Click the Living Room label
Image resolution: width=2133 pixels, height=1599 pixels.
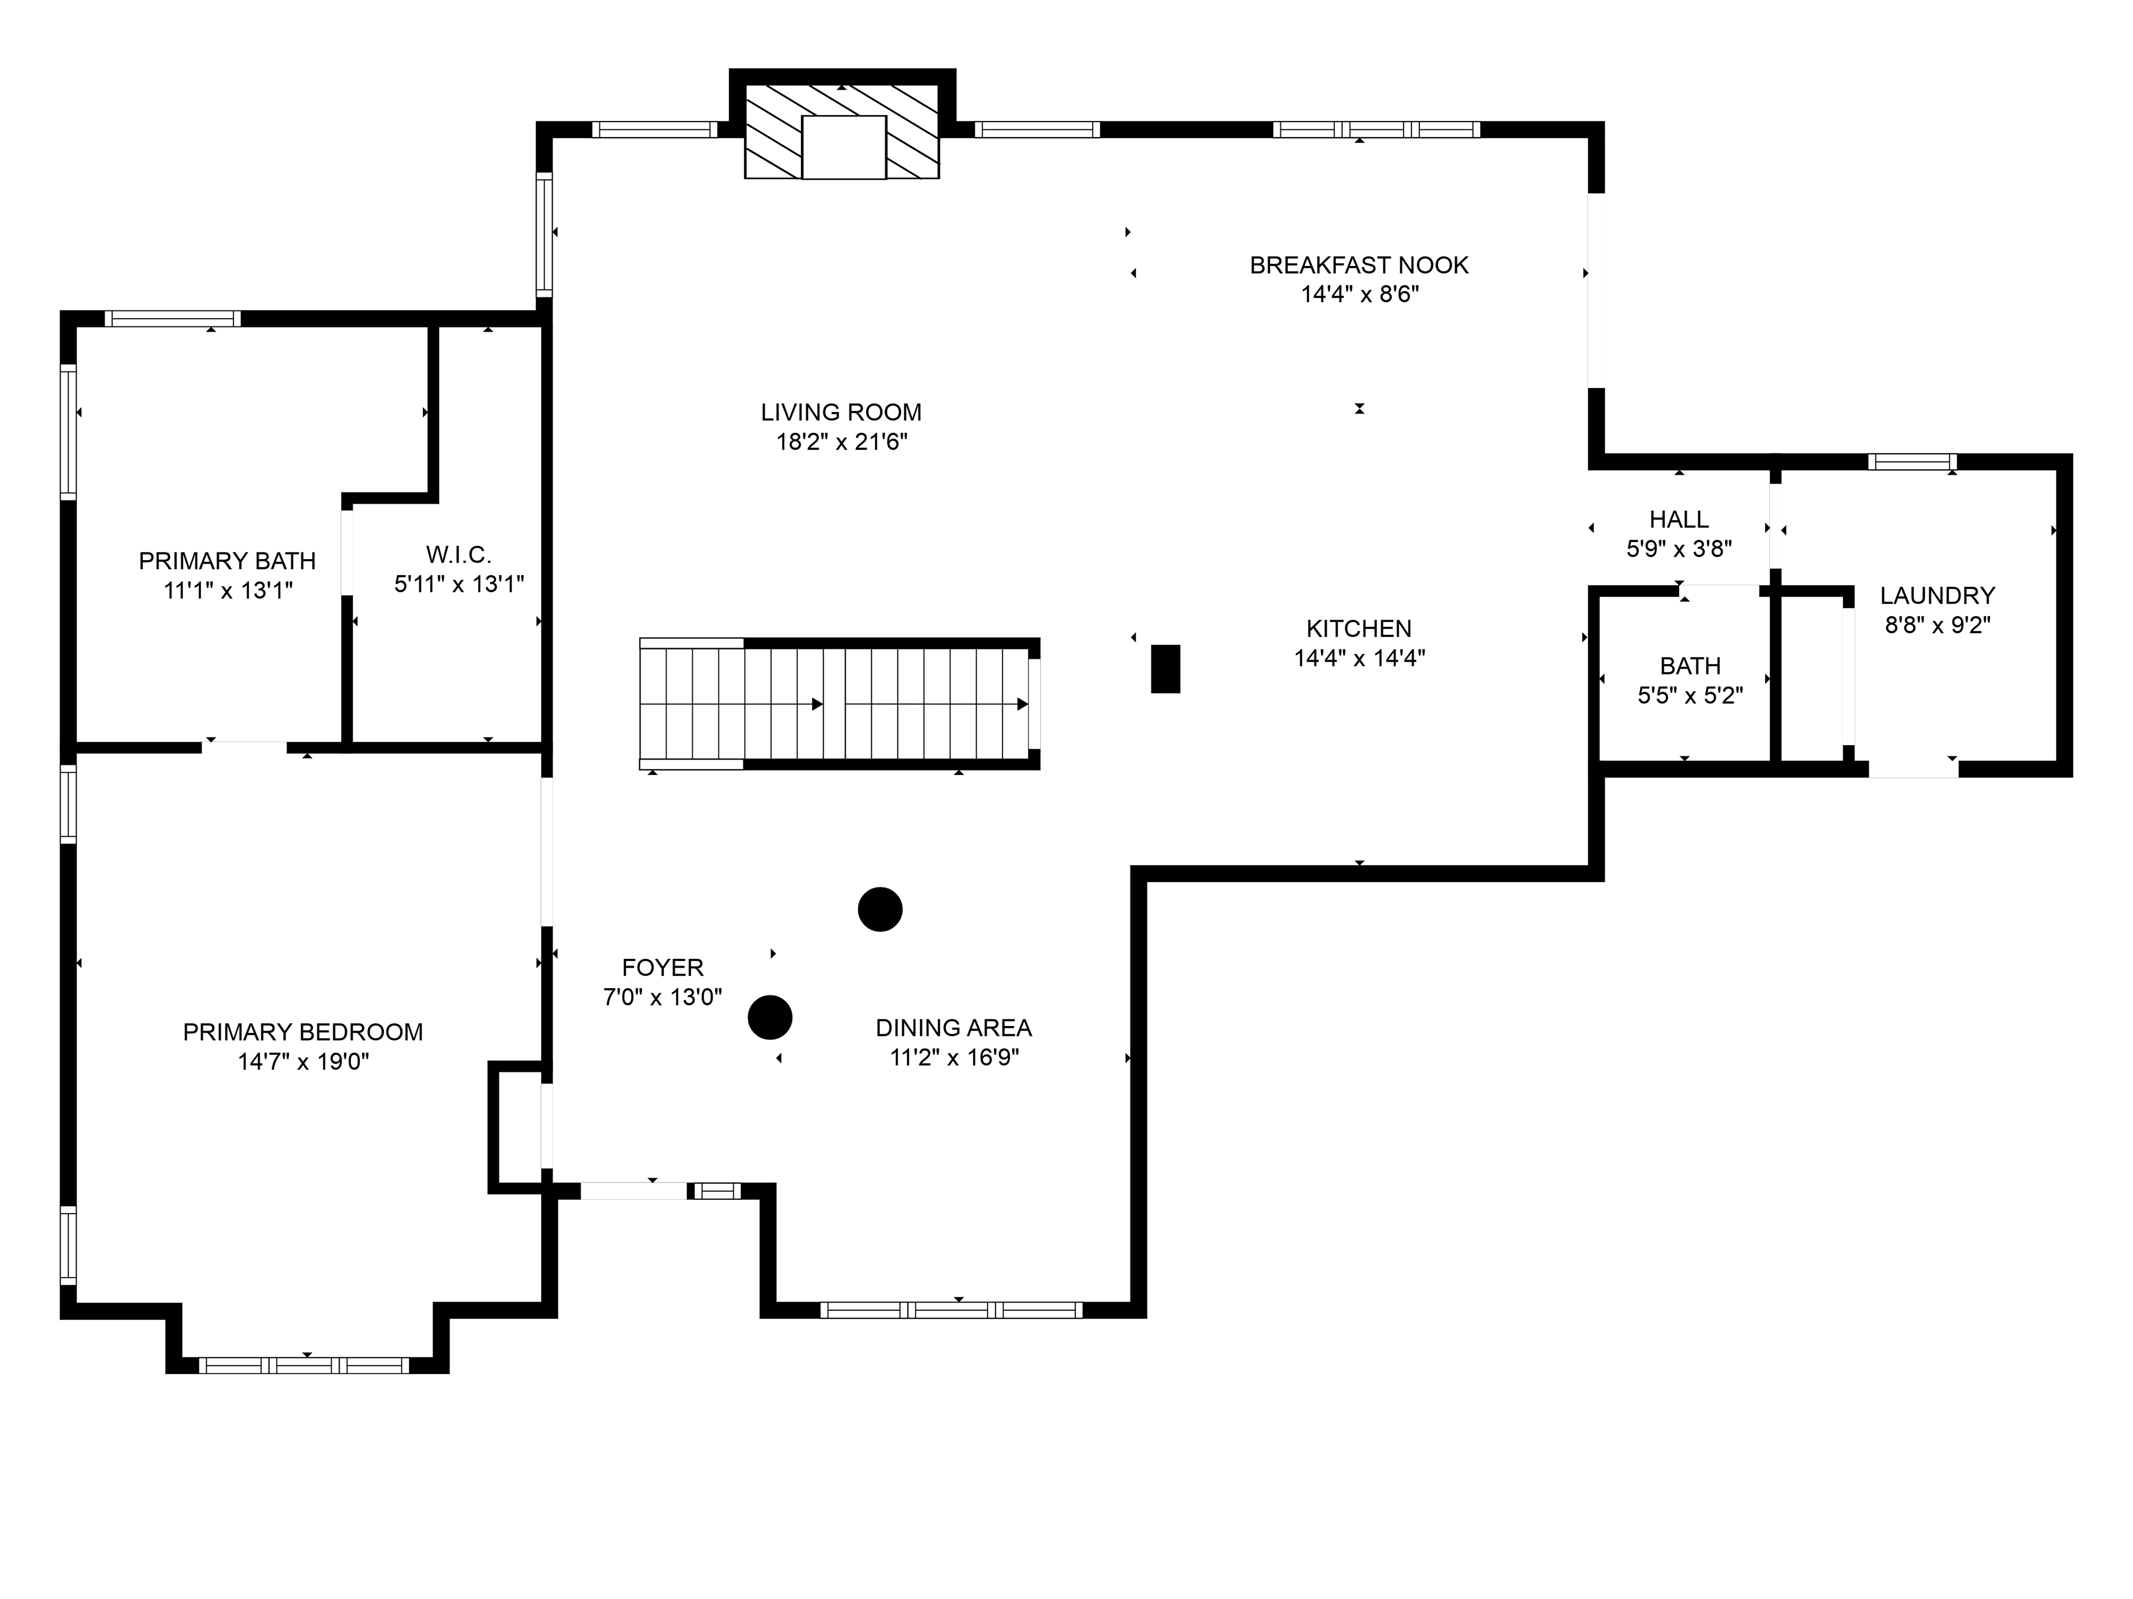[841, 413]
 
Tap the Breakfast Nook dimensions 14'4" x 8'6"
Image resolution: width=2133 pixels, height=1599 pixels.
[1360, 294]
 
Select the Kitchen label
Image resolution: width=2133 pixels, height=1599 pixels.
[1359, 628]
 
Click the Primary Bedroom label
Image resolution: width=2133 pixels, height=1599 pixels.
[303, 1032]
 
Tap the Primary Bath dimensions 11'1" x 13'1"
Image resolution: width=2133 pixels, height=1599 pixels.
[228, 590]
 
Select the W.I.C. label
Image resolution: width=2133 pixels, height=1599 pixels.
[459, 554]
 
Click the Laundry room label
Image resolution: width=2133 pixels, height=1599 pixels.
[1937, 596]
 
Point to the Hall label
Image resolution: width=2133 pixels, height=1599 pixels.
[1679, 520]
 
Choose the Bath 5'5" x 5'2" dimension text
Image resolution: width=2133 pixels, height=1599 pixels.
[1690, 695]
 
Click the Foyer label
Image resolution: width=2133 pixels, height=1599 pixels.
[663, 968]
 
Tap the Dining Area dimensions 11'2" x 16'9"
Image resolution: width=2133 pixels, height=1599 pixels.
[954, 1057]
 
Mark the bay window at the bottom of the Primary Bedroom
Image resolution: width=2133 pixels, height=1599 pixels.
[304, 1365]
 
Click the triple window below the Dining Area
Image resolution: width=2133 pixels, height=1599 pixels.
[951, 1310]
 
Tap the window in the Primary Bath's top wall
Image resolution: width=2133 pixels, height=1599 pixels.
[173, 319]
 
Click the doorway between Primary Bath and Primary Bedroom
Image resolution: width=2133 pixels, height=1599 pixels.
[245, 747]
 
